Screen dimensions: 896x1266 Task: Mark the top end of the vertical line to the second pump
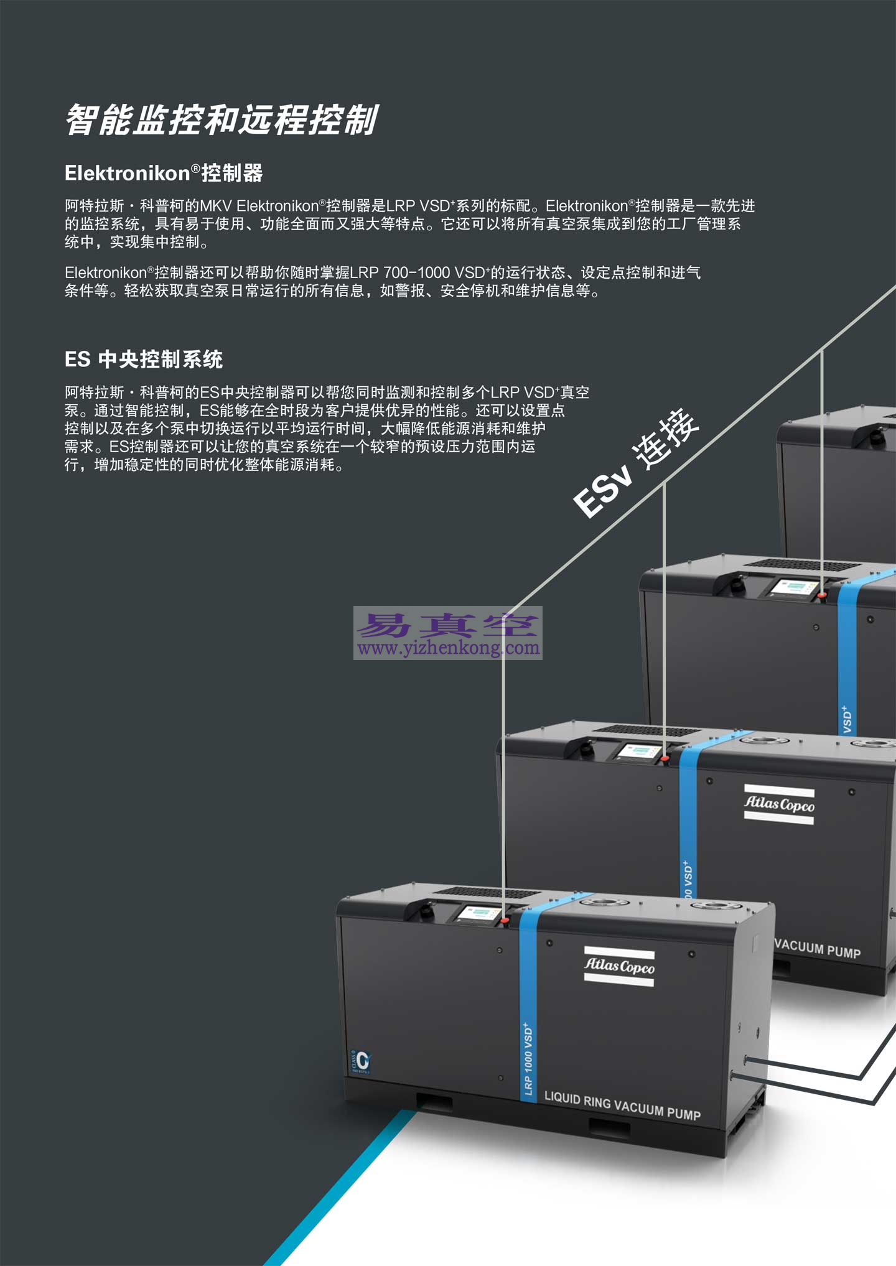(664, 484)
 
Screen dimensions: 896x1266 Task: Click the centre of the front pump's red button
(505, 919)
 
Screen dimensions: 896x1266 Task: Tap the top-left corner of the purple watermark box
(353, 607)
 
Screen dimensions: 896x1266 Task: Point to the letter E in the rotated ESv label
(587, 502)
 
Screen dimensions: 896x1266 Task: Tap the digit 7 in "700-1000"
(388, 272)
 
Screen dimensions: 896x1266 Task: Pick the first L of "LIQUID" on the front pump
(548, 1096)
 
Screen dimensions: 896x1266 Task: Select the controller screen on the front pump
(478, 914)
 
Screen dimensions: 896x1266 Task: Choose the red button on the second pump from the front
(665, 758)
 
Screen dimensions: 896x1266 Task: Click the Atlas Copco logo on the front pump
(619, 966)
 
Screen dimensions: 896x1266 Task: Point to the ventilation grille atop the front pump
(486, 893)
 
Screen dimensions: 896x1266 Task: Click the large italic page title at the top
(222, 120)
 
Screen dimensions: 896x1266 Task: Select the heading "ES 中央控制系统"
(144, 360)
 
